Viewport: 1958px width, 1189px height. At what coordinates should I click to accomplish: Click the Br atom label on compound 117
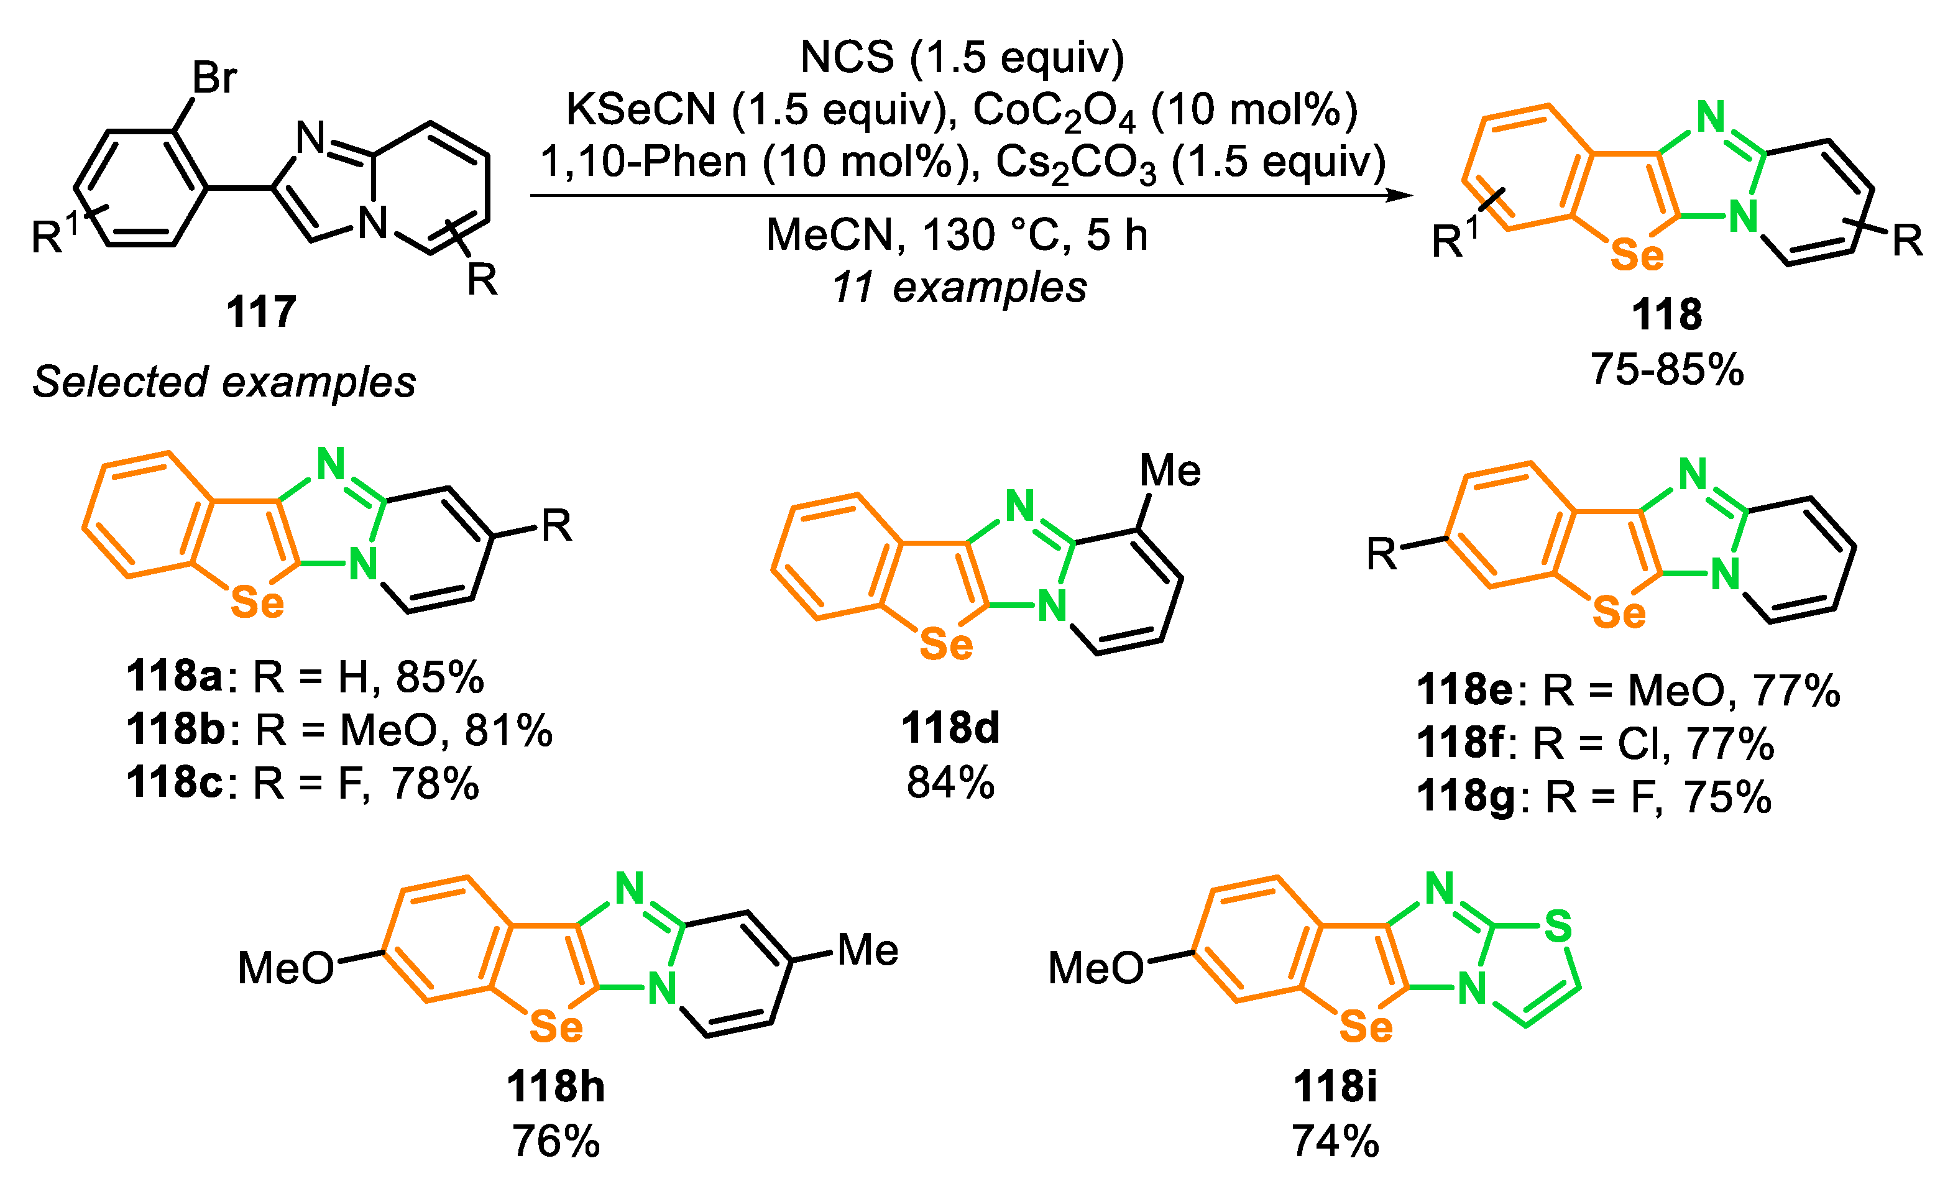pyautogui.click(x=214, y=78)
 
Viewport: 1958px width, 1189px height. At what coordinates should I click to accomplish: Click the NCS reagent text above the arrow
pyautogui.click(x=847, y=57)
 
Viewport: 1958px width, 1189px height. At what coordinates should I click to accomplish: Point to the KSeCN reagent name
pyautogui.click(x=640, y=109)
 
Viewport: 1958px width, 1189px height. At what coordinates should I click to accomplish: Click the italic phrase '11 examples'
pyautogui.click(x=959, y=287)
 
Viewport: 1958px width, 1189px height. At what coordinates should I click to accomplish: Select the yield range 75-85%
pyautogui.click(x=1666, y=370)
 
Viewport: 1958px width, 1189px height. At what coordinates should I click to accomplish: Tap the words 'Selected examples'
pyautogui.click(x=224, y=382)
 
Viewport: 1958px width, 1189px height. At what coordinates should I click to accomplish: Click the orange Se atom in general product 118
pyautogui.click(x=1636, y=255)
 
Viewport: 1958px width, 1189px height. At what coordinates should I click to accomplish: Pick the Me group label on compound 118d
pyautogui.click(x=1170, y=471)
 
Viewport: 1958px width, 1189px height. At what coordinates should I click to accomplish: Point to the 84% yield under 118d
pyautogui.click(x=950, y=783)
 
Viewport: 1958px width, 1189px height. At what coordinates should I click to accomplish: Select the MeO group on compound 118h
pyautogui.click(x=286, y=969)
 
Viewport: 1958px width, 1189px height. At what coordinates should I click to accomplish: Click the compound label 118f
pyautogui.click(x=1461, y=743)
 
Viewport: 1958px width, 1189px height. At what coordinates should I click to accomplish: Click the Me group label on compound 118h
pyautogui.click(x=868, y=950)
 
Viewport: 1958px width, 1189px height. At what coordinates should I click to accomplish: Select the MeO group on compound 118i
pyautogui.click(x=1096, y=969)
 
